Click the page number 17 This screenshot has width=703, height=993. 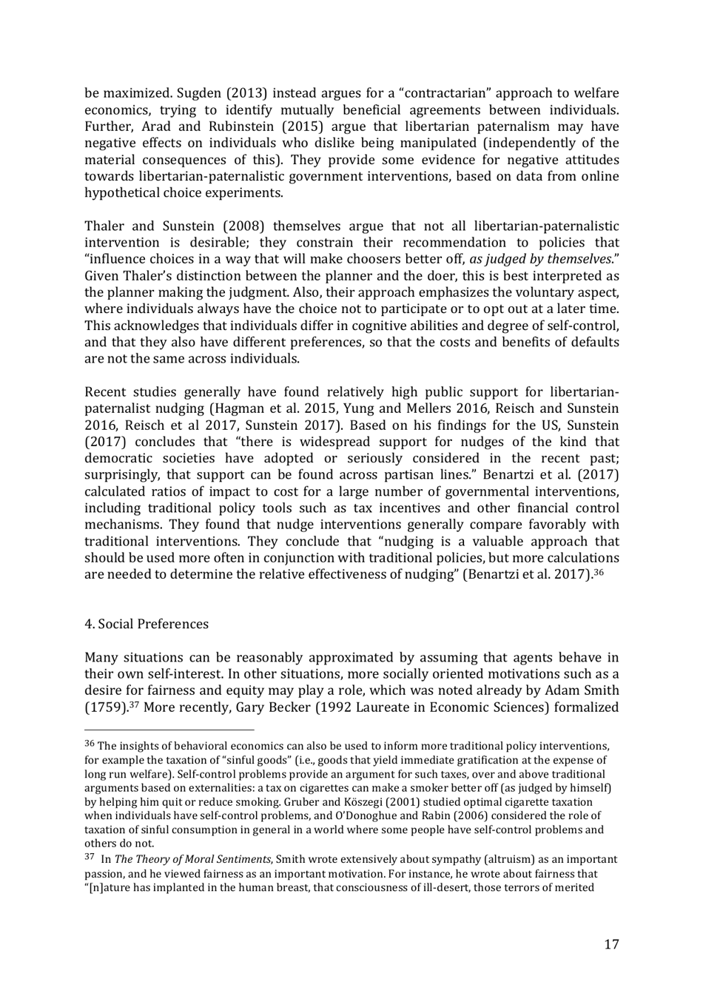click(x=610, y=944)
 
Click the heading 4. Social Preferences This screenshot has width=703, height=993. click(x=147, y=624)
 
